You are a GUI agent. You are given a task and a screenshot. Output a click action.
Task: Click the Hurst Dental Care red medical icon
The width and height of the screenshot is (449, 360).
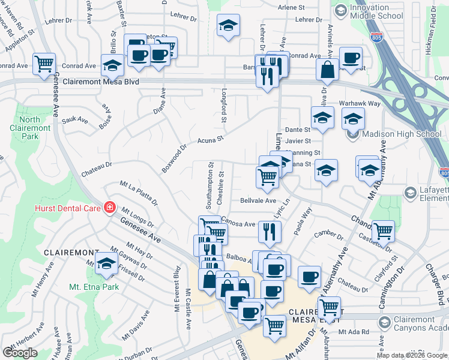click(109, 208)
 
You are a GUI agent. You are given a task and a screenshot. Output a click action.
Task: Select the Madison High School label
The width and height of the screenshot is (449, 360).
click(403, 134)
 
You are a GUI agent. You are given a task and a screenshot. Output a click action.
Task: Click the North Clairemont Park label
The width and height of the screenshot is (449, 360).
click(30, 123)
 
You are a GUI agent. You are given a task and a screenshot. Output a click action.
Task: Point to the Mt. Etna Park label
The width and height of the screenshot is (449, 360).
click(94, 287)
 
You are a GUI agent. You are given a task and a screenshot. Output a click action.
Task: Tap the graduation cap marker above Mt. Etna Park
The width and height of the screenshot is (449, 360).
click(107, 263)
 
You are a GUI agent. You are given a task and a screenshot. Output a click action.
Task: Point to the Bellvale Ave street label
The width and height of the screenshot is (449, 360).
click(258, 200)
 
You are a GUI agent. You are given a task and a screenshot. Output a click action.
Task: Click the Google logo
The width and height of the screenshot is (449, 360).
click(20, 353)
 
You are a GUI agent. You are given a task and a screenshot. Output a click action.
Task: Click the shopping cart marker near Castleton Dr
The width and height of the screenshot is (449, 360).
click(382, 230)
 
